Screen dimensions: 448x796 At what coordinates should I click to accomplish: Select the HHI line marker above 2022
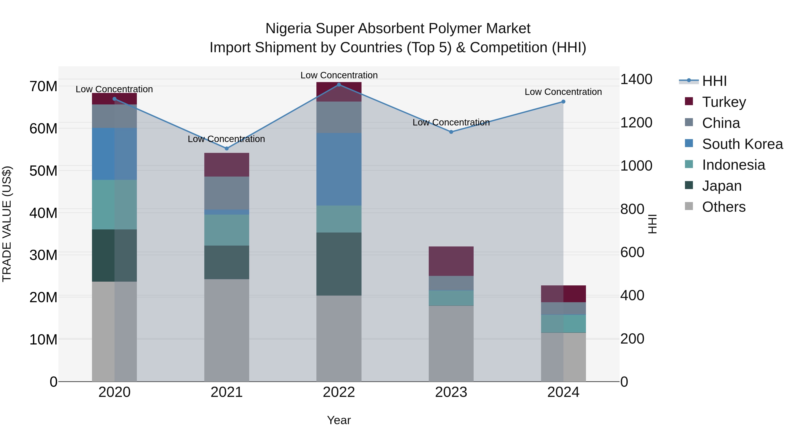point(339,85)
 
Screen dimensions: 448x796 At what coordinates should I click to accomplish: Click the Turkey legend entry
point(724,102)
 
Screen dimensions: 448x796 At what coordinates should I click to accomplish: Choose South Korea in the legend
point(742,144)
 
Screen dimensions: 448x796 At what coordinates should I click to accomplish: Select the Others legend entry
point(723,207)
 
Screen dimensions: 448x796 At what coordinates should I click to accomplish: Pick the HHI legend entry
point(714,81)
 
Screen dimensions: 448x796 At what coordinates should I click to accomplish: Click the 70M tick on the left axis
point(43,86)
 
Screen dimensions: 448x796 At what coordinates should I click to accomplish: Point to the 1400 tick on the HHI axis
point(636,79)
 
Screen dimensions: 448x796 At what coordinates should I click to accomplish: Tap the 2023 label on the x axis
point(451,392)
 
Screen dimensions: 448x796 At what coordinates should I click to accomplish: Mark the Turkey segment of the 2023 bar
point(451,261)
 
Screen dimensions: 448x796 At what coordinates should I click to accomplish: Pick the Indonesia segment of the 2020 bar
point(114,204)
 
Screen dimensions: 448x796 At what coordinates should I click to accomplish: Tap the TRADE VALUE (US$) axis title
point(7,224)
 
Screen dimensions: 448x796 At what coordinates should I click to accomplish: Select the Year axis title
point(339,420)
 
